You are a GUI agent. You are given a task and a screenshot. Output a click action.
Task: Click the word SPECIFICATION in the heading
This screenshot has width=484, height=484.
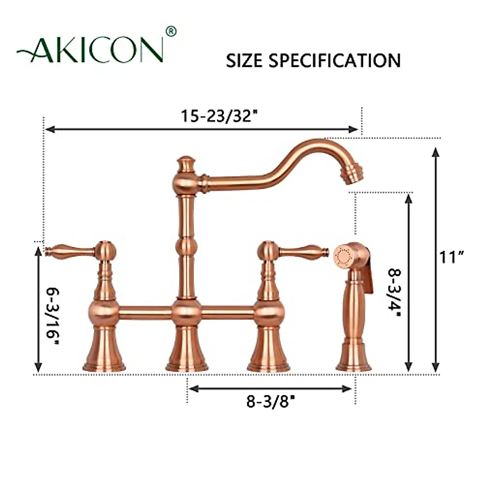(x=334, y=61)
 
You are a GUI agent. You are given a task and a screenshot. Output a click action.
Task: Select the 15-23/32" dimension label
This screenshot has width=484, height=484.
(x=219, y=116)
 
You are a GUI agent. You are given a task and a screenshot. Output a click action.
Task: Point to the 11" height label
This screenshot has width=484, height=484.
(x=452, y=257)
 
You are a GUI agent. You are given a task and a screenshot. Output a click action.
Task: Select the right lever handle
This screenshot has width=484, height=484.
(x=300, y=252)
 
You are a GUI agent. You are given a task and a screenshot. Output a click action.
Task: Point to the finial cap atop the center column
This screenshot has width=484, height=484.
(x=186, y=163)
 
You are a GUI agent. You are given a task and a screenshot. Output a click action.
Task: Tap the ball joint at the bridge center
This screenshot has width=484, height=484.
(x=186, y=312)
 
